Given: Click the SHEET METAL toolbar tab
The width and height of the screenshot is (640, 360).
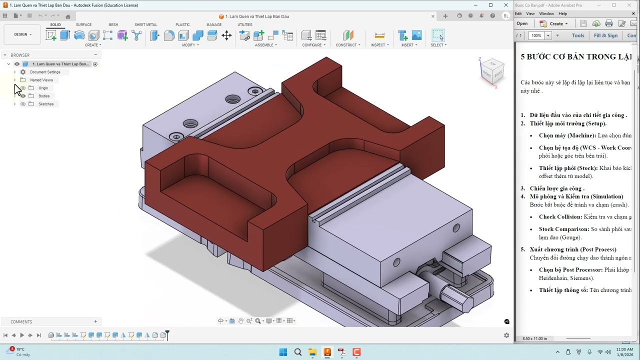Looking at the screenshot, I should click(x=145, y=24).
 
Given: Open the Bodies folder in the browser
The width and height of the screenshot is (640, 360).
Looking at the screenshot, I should click(x=44, y=96).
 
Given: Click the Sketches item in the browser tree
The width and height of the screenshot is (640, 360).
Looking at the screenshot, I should click(x=46, y=104).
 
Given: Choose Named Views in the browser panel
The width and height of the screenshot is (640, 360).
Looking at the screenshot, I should click(x=41, y=80).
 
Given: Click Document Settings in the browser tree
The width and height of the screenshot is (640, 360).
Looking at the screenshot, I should click(x=45, y=72).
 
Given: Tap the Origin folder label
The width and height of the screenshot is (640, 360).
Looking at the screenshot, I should click(x=43, y=88).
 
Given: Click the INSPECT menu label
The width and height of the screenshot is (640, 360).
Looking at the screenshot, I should click(x=378, y=45).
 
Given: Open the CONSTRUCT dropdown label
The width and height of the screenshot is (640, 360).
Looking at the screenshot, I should click(x=346, y=45).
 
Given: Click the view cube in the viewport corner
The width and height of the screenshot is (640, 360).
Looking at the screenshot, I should click(x=492, y=71).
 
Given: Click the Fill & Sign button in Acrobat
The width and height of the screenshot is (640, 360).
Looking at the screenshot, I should click(x=605, y=35).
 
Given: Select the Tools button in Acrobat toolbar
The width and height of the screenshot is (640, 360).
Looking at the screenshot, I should click(x=578, y=35).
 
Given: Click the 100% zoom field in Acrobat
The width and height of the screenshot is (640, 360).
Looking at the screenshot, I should click(x=536, y=35).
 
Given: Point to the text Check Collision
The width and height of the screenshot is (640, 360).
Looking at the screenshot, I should click(x=560, y=217).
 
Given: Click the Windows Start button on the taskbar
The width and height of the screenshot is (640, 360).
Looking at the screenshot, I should click(x=283, y=352).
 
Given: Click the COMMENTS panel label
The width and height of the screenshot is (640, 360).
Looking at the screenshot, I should click(x=21, y=321).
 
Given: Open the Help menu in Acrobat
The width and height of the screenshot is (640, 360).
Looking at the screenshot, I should click(x=562, y=13).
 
